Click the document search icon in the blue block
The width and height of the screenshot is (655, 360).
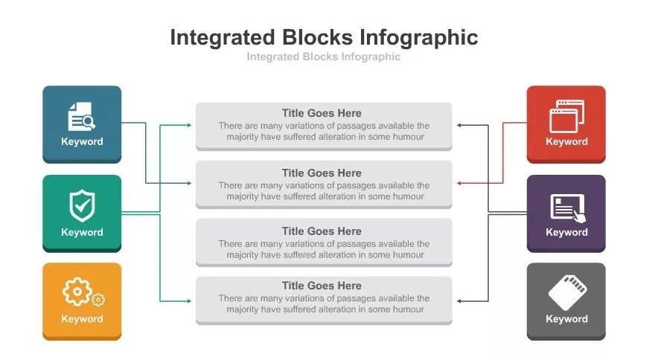(81, 116)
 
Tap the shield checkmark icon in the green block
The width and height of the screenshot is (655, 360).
(82, 205)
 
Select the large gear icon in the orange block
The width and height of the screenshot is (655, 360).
(77, 291)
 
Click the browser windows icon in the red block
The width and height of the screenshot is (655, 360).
(566, 117)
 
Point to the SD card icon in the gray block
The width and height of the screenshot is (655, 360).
(567, 292)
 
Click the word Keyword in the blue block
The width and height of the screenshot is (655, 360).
(82, 141)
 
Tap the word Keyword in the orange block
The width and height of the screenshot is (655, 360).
(82, 319)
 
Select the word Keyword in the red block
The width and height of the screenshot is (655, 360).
(566, 141)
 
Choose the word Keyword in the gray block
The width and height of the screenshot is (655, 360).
(566, 319)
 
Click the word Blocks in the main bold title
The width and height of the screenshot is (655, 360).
(317, 37)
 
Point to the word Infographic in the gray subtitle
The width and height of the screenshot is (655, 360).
(371, 57)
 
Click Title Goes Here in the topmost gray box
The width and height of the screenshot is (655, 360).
(322, 113)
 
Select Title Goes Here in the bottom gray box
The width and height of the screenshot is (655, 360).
(322, 286)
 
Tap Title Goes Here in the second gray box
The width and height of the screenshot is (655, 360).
(322, 173)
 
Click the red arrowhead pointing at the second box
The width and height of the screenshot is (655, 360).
(459, 183)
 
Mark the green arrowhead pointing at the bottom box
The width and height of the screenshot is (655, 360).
(189, 301)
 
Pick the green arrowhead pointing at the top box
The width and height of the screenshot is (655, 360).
(189, 125)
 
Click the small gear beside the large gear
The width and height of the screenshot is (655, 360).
(98, 300)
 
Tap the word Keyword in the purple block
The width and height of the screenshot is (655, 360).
(566, 232)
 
